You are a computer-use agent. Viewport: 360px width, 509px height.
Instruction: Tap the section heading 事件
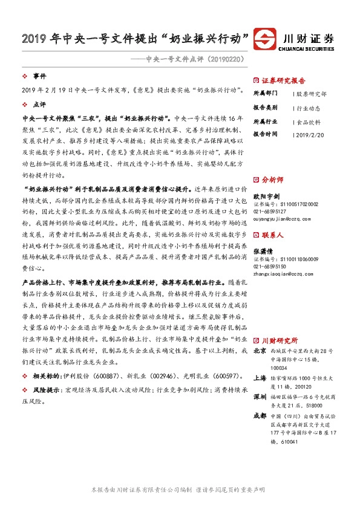click(x=40, y=77)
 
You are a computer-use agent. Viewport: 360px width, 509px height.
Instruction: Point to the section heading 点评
click(x=40, y=104)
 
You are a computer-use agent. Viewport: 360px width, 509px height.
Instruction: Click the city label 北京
click(x=259, y=350)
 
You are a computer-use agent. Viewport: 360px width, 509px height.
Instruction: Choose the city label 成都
click(x=259, y=415)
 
